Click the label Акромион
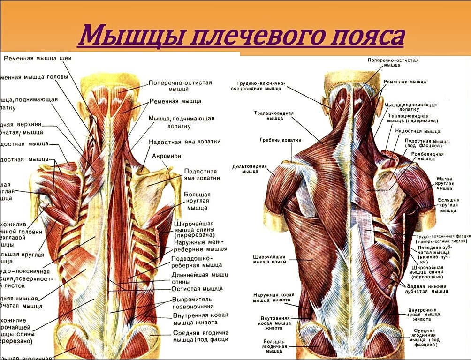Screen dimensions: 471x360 click(x=166, y=156)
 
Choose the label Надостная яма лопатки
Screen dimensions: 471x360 click(x=184, y=141)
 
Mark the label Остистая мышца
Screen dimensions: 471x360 click(x=197, y=289)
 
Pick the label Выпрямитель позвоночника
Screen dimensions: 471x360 click(x=192, y=303)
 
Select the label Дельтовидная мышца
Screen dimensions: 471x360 click(x=249, y=169)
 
